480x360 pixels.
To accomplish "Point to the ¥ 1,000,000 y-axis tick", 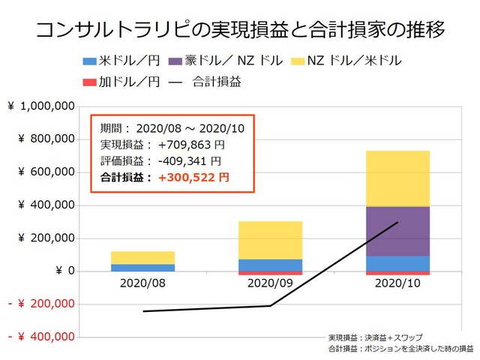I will coord(40,106).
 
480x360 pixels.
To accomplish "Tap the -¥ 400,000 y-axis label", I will coord(40,337).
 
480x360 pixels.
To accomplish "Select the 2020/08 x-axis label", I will coord(142,285).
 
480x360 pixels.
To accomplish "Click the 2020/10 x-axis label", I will coord(397,285).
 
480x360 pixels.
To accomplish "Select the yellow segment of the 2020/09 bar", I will coord(270,240).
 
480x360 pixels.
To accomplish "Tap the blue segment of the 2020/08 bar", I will coord(142,267).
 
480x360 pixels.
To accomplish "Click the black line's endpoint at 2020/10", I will coord(397,222).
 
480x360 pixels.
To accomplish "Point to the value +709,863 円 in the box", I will coord(188,145).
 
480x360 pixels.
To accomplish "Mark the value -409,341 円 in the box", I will coord(188,161).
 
